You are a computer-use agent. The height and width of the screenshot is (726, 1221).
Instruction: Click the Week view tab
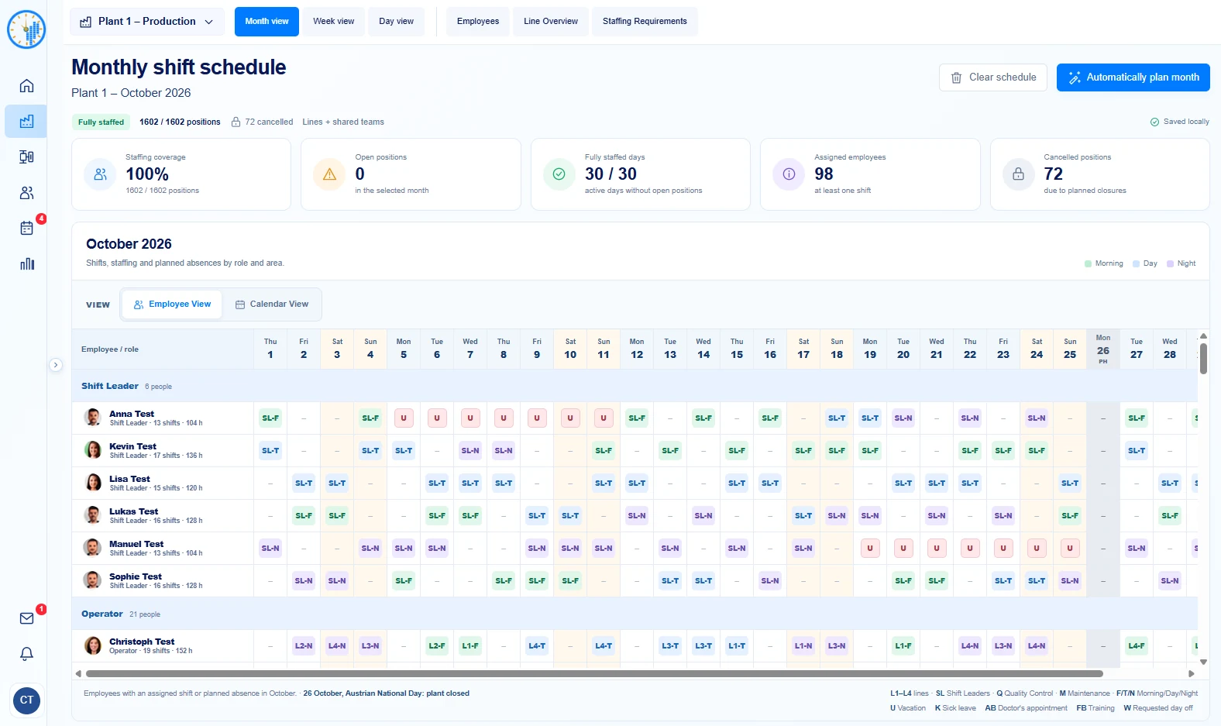coord(334,21)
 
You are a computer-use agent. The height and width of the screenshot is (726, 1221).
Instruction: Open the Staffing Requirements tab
coord(645,21)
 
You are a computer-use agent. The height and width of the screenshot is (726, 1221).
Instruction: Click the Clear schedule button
coord(992,77)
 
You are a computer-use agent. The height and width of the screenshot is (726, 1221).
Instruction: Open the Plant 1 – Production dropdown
coord(146,22)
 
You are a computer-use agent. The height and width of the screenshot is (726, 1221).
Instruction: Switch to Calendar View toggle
coord(272,305)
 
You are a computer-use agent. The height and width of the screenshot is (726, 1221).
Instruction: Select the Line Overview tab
coord(551,21)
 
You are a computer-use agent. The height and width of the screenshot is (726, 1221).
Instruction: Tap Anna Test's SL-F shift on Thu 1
coord(270,418)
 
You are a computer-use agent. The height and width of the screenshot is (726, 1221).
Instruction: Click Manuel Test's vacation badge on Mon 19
coord(870,548)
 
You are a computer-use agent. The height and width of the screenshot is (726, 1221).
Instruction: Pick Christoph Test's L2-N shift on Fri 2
coord(304,646)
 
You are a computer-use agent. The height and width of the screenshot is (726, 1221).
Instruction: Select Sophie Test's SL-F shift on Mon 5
coord(404,580)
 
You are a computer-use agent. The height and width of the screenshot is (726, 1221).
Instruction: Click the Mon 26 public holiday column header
coord(1102,349)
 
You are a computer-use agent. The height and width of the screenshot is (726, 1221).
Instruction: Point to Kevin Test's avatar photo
coord(93,450)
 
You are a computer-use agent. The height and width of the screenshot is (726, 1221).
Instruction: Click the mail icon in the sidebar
coord(26,618)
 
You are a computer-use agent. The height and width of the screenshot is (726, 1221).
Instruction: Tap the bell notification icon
coord(26,653)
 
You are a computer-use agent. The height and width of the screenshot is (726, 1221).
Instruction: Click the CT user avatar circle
coord(26,700)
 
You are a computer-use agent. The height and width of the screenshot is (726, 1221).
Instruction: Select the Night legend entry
coord(1181,263)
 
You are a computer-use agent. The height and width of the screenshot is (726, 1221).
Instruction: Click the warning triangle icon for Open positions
coord(329,174)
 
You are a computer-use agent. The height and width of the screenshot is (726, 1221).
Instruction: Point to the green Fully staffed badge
coord(101,122)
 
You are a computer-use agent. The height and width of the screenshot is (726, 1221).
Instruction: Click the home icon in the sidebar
coord(26,86)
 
